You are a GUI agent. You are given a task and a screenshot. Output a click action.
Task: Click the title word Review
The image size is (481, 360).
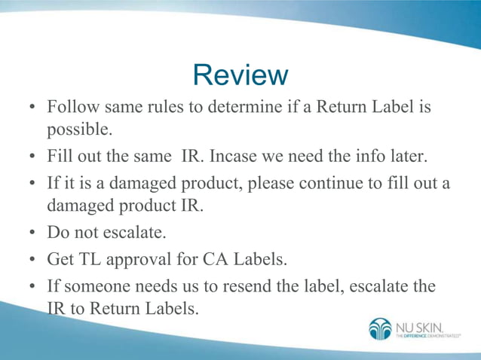point(240,75)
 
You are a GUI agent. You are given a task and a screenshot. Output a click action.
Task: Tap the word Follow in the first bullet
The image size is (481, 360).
point(71,108)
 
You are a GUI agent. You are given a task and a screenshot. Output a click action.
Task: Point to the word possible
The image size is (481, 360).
point(79,130)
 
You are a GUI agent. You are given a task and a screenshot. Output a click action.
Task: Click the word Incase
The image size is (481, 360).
point(234,157)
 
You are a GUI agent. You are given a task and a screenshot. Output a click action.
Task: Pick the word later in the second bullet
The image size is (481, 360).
point(408,157)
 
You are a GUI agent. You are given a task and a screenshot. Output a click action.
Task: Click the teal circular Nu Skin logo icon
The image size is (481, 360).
point(380,329)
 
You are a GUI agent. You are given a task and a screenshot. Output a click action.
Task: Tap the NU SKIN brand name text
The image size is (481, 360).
point(420,326)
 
